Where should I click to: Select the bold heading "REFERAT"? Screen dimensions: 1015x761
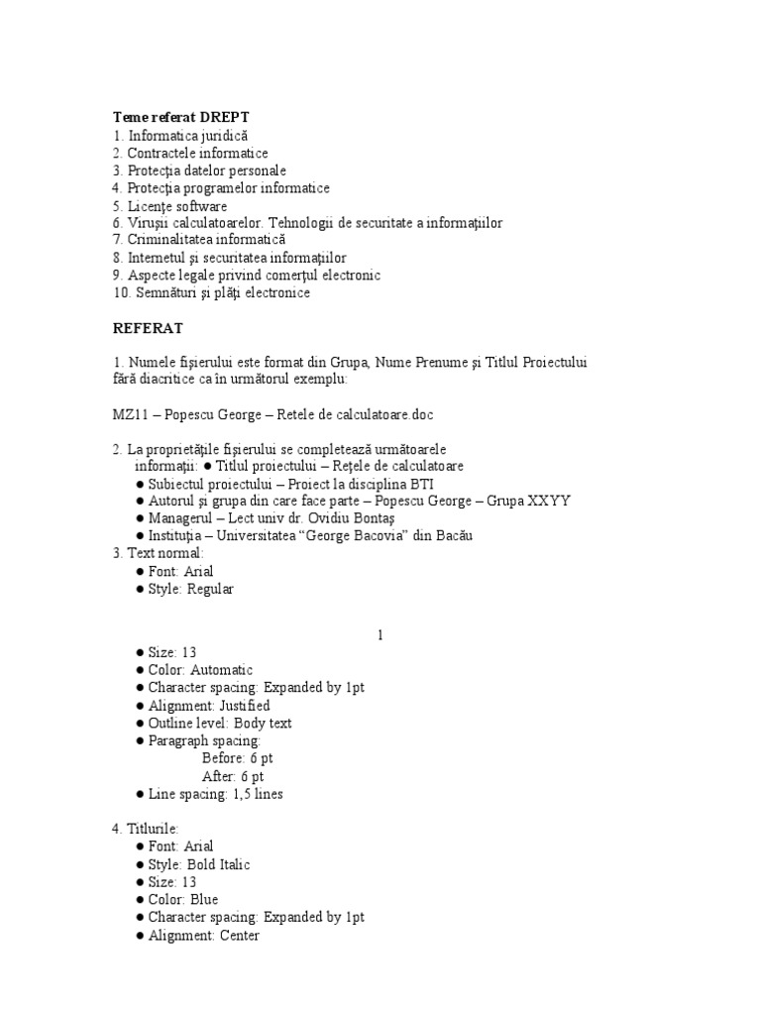[148, 327]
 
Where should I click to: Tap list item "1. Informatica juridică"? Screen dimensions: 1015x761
[180, 135]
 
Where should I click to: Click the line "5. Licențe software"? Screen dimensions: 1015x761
[169, 206]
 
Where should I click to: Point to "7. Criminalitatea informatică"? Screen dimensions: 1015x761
[198, 240]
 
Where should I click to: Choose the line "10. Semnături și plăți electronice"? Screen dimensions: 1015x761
[211, 293]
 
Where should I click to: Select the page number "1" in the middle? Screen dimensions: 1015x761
[380, 634]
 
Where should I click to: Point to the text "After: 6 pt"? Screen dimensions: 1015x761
[233, 776]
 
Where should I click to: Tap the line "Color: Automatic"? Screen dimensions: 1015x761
[200, 670]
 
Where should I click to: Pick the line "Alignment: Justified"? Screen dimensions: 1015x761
[209, 706]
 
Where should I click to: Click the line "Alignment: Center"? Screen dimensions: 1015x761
[203, 936]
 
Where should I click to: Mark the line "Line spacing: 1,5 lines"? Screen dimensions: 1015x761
[215, 794]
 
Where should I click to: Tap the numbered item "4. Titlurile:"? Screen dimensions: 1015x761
[146, 829]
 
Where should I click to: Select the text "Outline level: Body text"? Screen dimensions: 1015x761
[220, 723]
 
